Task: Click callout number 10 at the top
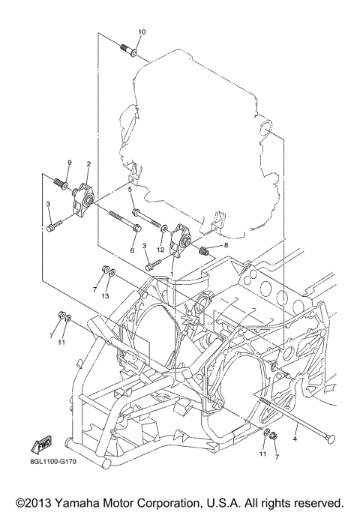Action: tap(142, 31)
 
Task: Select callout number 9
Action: tap(68, 163)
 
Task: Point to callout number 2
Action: tap(88, 163)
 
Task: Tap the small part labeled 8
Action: tap(202, 250)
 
